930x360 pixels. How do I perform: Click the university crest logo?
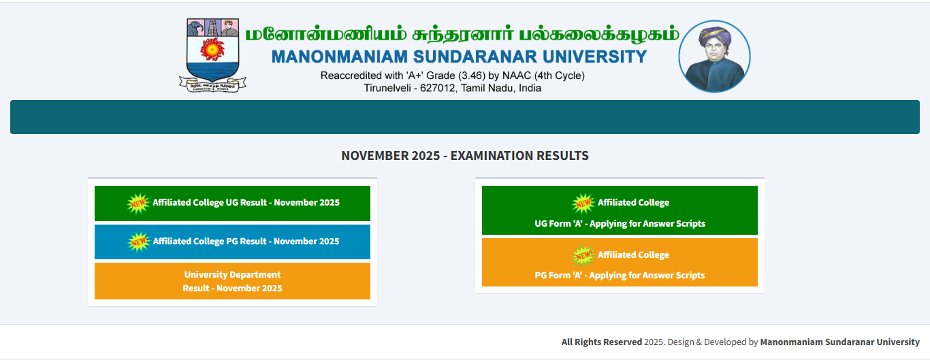[212, 55]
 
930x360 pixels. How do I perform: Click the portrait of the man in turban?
[714, 56]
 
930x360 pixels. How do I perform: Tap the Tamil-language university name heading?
[462, 34]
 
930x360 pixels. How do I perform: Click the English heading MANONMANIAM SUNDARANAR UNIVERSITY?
[459, 56]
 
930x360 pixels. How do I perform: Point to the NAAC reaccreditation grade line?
[452, 76]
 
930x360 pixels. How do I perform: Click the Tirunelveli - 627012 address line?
[452, 88]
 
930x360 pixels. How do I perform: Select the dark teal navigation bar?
[464, 117]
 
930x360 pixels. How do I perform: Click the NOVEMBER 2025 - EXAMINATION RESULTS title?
[464, 156]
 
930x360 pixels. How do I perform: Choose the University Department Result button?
[232, 281]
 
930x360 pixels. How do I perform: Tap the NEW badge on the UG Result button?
[138, 203]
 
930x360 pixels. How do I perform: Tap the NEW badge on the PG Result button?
[139, 242]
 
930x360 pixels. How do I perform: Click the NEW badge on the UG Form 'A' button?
[583, 203]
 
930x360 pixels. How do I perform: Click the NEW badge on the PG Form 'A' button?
[583, 255]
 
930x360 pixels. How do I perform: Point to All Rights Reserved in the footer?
[601, 342]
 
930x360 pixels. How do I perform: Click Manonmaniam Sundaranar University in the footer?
[839, 342]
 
